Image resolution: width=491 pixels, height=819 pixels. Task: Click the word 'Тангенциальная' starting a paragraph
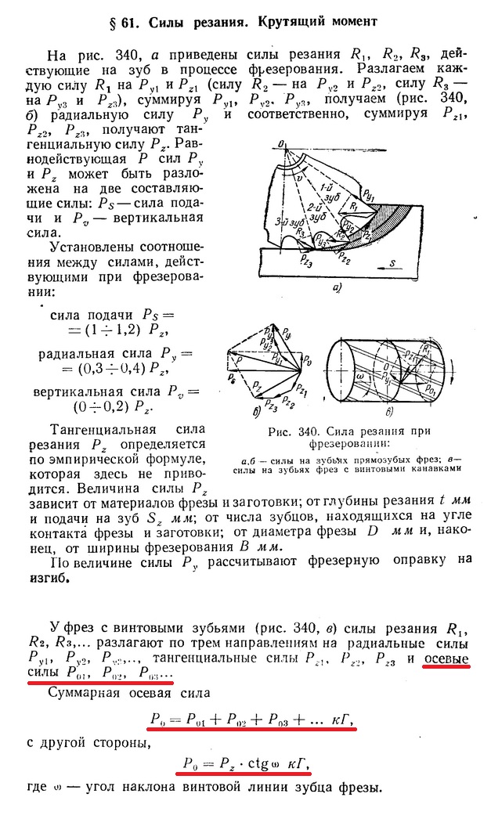(98, 429)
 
